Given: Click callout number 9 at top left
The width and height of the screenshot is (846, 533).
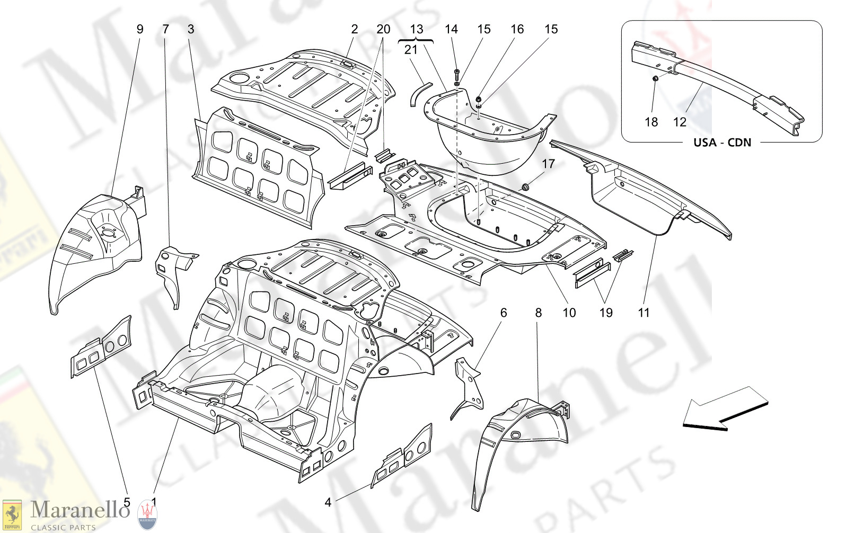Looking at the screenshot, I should click(x=140, y=29).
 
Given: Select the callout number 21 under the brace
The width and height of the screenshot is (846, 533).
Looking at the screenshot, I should click(x=411, y=50).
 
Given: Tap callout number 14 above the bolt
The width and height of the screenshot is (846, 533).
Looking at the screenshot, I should click(x=451, y=29).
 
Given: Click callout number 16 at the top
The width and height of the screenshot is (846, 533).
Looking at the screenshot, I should click(x=517, y=29).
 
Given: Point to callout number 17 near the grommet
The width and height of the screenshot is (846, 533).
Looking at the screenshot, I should click(x=548, y=164).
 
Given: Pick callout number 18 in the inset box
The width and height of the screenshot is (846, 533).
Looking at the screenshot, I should click(x=651, y=122).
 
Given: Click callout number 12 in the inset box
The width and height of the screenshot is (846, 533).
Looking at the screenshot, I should click(x=680, y=122).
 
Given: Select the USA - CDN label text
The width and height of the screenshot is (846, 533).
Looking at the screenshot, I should click(x=722, y=143).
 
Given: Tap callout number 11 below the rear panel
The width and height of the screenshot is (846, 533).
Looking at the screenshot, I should click(x=644, y=313).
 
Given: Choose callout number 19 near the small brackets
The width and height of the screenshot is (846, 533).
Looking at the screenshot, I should click(x=606, y=313).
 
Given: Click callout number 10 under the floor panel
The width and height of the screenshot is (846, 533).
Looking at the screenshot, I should click(x=569, y=313).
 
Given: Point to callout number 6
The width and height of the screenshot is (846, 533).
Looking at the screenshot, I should click(x=504, y=313).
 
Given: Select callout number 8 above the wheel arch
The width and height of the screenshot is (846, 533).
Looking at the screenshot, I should click(x=539, y=313).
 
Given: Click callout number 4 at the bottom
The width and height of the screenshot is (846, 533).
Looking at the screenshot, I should click(x=328, y=502).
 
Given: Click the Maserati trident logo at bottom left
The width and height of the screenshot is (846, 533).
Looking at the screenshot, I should click(x=147, y=514).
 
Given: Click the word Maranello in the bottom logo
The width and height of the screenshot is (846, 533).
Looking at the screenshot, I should click(x=80, y=510).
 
